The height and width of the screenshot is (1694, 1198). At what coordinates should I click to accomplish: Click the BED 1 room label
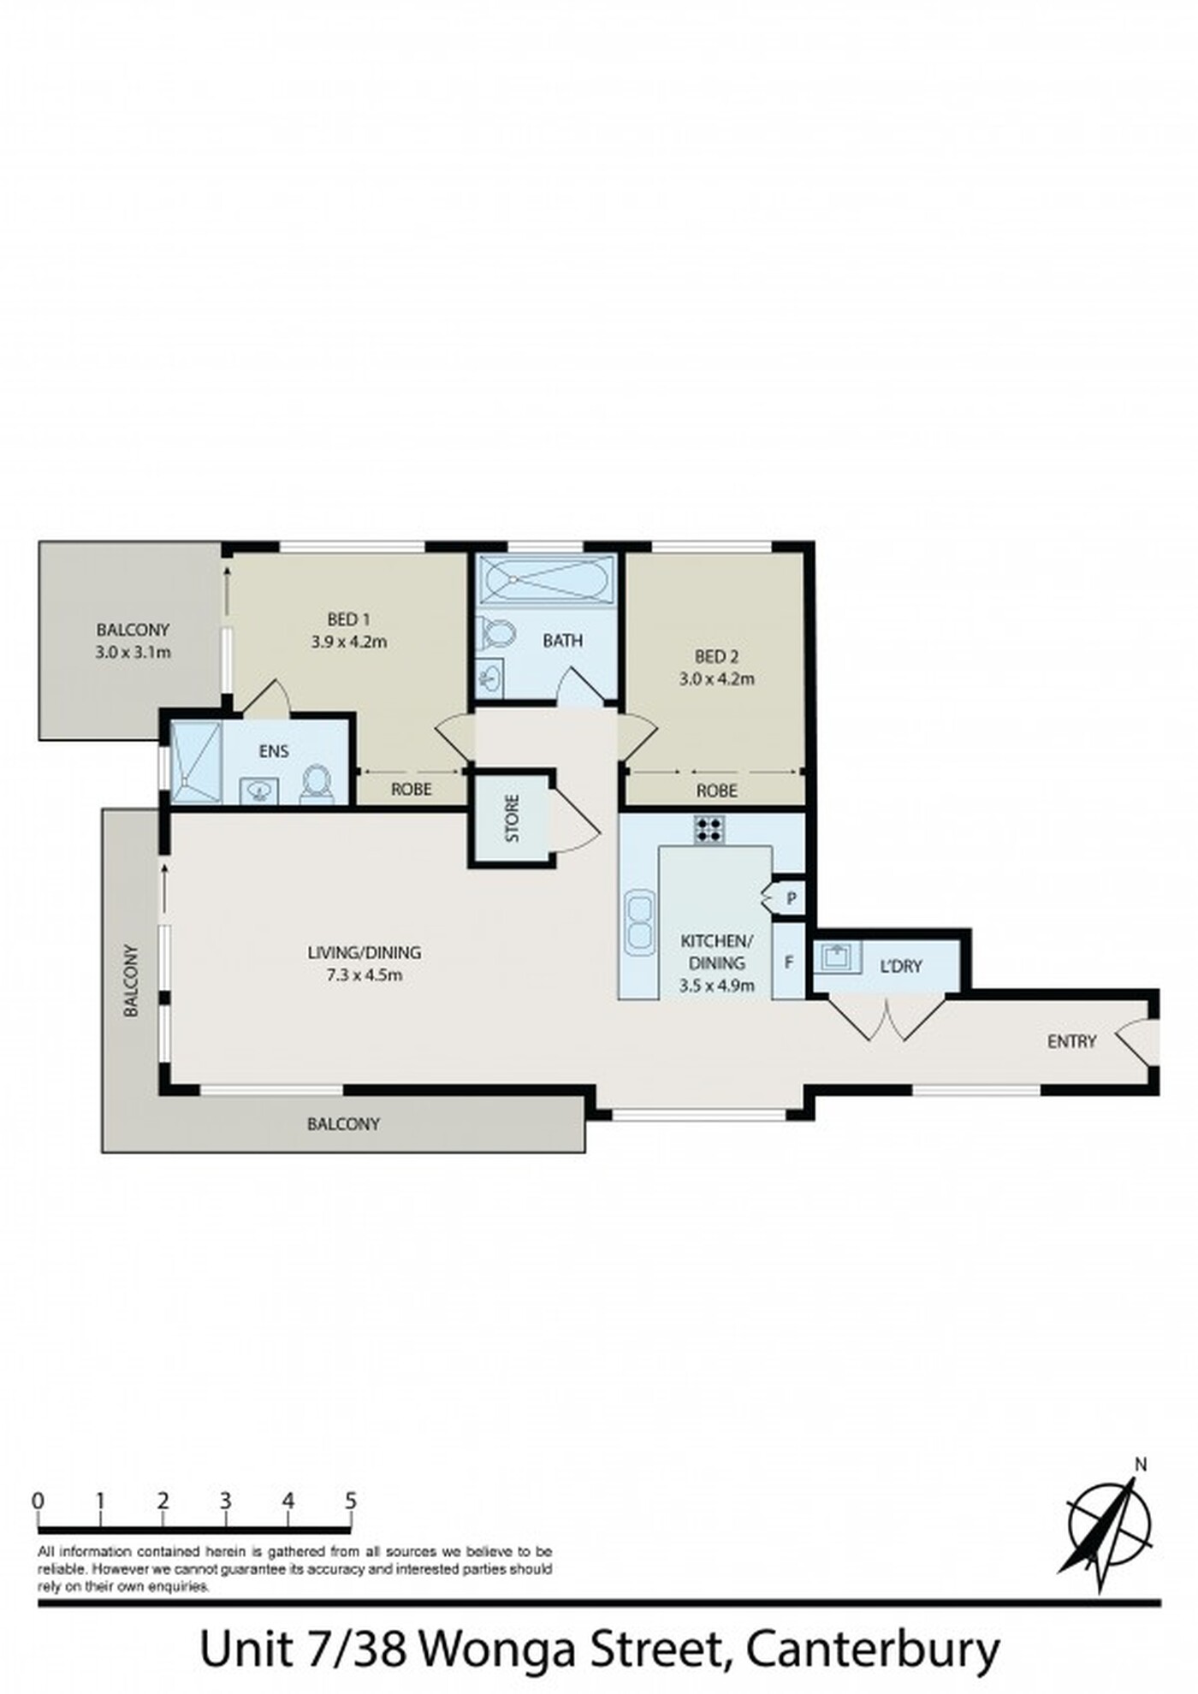tap(348, 619)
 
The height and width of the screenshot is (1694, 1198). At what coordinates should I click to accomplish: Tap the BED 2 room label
tap(716, 657)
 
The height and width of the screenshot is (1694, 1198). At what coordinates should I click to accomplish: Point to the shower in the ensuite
tap(196, 761)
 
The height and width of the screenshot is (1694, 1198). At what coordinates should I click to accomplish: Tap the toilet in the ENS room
tap(317, 783)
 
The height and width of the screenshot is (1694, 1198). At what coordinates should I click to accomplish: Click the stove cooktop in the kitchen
tap(709, 829)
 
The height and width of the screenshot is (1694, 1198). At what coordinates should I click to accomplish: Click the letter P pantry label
tap(792, 899)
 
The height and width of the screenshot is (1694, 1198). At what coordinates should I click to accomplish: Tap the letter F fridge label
tap(789, 962)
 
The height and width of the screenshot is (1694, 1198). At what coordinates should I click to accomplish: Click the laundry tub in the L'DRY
tap(836, 957)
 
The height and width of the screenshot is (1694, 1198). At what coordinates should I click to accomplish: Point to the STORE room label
tap(513, 819)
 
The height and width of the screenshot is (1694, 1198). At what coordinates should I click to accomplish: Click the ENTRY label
tap(1071, 1041)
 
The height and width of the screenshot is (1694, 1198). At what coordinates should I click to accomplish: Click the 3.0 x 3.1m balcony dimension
tap(133, 652)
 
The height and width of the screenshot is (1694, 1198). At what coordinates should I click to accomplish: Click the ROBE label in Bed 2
tap(716, 791)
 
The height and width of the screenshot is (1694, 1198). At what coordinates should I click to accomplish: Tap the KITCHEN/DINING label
tap(716, 951)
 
